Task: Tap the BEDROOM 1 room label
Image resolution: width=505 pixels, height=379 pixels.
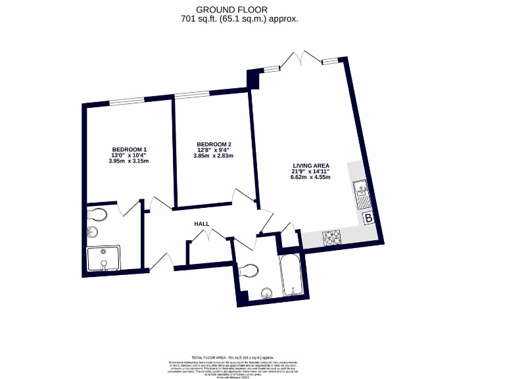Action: click(129, 149)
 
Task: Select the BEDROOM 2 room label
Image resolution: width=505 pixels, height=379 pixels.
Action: click(214, 144)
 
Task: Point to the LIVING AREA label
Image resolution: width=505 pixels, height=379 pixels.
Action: click(311, 165)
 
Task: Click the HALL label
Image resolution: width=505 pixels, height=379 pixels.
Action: click(201, 224)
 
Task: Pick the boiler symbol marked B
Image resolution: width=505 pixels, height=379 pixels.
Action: click(368, 218)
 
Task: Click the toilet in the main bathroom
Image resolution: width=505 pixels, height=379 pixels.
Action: click(251, 270)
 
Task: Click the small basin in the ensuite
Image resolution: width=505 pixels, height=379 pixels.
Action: click(93, 232)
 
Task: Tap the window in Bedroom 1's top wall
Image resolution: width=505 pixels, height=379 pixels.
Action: click(126, 101)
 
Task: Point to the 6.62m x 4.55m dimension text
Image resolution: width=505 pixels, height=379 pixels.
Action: click(311, 178)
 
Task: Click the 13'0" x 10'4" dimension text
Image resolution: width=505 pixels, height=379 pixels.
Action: click(129, 155)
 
